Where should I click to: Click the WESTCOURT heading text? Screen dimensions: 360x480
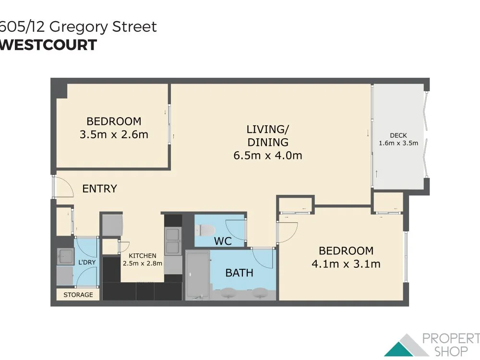(48, 45)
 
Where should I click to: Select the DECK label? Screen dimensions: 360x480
(398, 135)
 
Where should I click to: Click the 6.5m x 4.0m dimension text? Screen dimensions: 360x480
(267, 155)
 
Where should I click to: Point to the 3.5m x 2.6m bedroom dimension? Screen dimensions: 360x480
(114, 134)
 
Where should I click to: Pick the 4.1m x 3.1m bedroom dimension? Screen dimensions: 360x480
(346, 264)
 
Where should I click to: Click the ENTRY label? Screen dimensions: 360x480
(99, 189)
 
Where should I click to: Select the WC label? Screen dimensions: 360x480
(223, 241)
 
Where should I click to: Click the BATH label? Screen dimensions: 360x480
(239, 273)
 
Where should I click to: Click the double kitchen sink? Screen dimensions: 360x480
(172, 241)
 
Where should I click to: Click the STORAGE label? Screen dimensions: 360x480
(78, 294)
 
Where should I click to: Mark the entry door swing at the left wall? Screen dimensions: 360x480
(62, 187)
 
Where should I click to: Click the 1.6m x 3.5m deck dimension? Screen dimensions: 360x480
(398, 143)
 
